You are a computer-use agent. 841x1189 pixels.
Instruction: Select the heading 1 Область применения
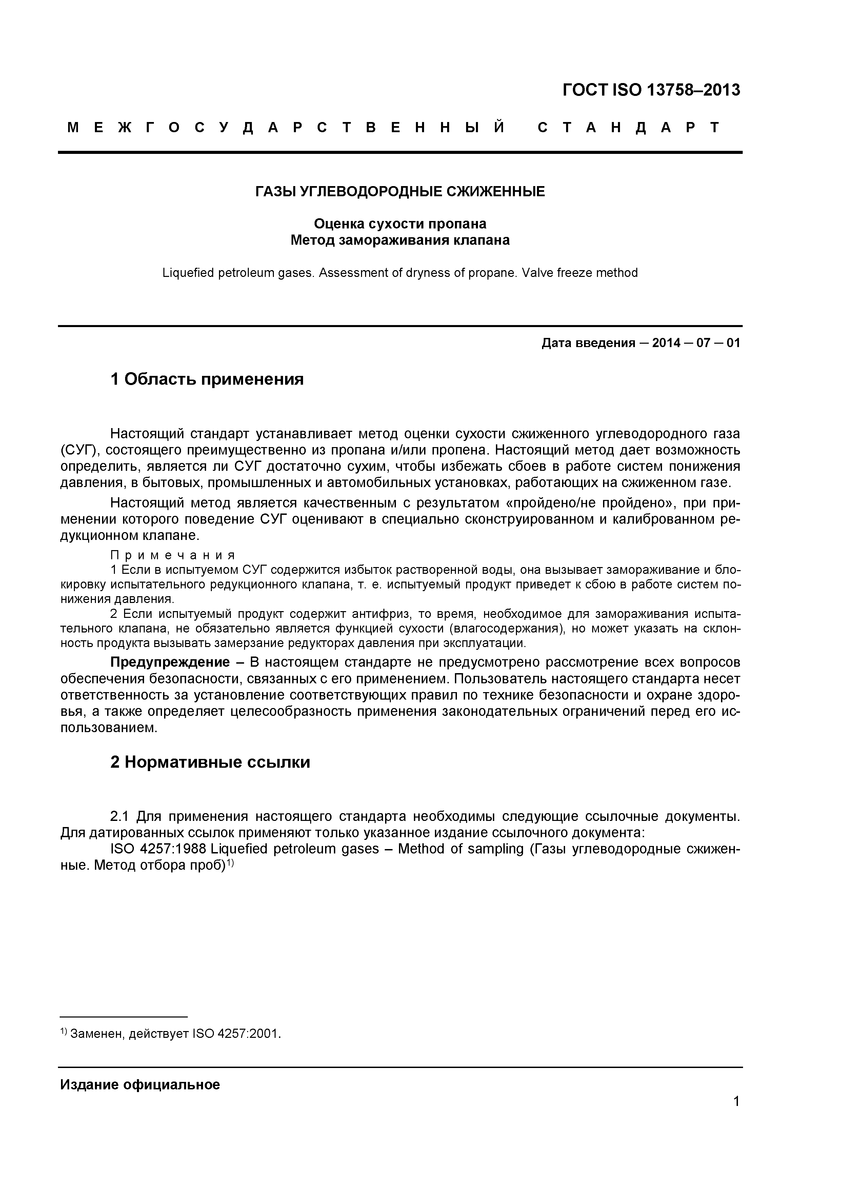click(207, 380)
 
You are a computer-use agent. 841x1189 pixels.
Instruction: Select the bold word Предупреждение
click(170, 662)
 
